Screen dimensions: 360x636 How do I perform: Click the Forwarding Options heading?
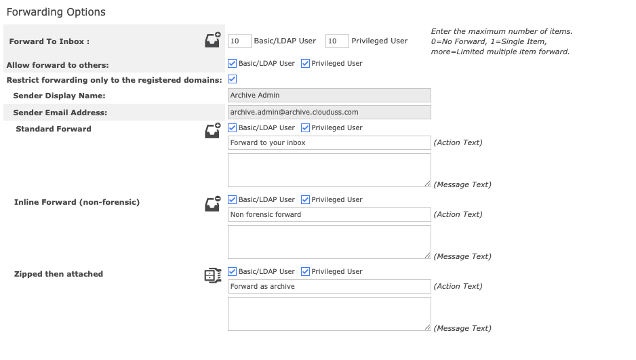click(x=56, y=12)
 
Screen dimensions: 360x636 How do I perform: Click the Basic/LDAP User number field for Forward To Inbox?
click(x=239, y=41)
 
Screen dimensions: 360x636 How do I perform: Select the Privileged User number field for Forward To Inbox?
click(x=337, y=41)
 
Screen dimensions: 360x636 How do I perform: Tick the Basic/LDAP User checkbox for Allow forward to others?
click(x=233, y=64)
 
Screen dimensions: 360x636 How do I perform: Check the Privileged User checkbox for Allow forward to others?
click(x=305, y=64)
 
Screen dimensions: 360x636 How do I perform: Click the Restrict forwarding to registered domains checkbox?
click(x=233, y=79)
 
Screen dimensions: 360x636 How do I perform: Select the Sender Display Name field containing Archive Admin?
click(x=329, y=96)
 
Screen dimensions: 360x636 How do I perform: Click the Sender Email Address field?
click(x=329, y=112)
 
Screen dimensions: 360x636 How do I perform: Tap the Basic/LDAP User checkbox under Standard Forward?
click(x=233, y=128)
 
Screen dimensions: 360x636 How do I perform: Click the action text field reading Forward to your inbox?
click(x=329, y=143)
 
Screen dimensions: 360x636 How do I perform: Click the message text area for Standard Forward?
click(x=329, y=170)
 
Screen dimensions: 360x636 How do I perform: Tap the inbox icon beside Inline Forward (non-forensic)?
click(x=213, y=203)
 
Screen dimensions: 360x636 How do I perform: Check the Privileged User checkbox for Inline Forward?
click(x=305, y=200)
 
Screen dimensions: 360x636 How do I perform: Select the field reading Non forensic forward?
click(x=329, y=215)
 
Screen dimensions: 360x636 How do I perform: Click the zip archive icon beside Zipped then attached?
click(x=213, y=275)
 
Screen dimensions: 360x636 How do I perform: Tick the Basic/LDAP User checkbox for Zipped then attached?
click(x=233, y=272)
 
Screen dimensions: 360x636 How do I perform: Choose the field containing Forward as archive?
click(x=329, y=287)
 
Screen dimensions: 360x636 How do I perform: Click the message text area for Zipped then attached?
click(x=329, y=314)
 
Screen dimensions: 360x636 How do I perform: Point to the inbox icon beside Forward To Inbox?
click(x=213, y=40)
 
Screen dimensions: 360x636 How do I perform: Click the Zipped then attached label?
click(x=58, y=274)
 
